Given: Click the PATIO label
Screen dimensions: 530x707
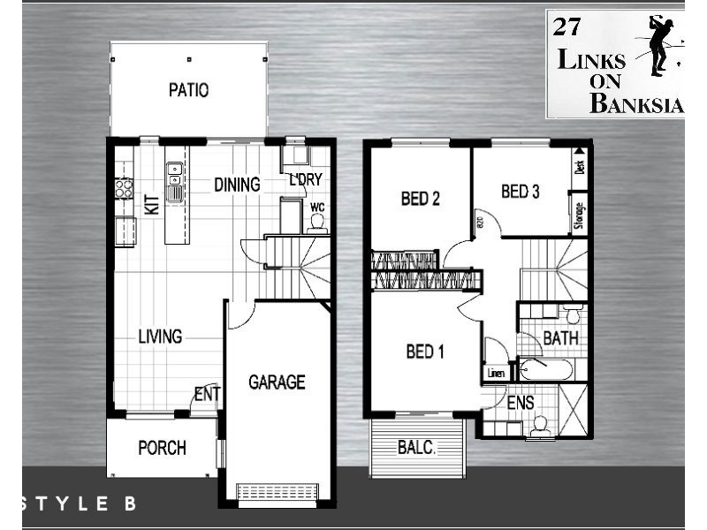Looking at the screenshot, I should coord(188,90).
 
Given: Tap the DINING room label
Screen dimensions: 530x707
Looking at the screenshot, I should coord(237,185).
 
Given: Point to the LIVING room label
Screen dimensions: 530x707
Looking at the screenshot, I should coord(160,337).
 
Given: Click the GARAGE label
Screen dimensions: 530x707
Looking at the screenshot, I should coord(277,382).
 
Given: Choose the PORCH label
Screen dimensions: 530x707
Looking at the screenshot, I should coord(163,448).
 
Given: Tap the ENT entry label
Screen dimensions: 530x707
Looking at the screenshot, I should coord(207,394).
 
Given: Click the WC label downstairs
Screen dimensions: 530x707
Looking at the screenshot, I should coord(317,208).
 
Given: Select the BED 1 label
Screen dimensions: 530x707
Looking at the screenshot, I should coord(425,352).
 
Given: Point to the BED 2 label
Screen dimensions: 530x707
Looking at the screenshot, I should coord(421,199).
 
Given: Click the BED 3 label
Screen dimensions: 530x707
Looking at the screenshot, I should coord(521,191).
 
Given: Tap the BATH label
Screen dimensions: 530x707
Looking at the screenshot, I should coord(560,337).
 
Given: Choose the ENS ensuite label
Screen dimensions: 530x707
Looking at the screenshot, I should coord(521,403).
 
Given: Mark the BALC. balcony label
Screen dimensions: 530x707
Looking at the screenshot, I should coord(415,448).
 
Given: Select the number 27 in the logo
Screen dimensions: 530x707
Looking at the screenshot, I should coord(566,26).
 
